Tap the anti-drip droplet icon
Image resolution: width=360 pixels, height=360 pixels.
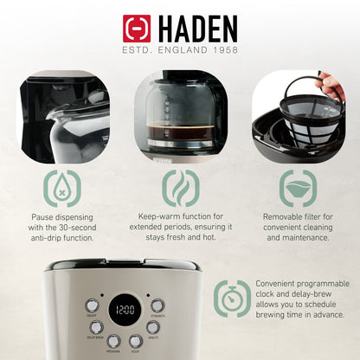[x=62, y=188]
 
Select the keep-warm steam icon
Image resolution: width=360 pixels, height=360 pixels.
[x=181, y=188]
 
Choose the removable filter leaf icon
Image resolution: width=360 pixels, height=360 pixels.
[x=296, y=188]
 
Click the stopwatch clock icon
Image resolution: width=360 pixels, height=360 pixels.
[x=232, y=299]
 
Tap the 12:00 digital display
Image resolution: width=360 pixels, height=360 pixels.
[x=126, y=309]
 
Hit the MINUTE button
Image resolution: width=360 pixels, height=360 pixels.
[x=153, y=327]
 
